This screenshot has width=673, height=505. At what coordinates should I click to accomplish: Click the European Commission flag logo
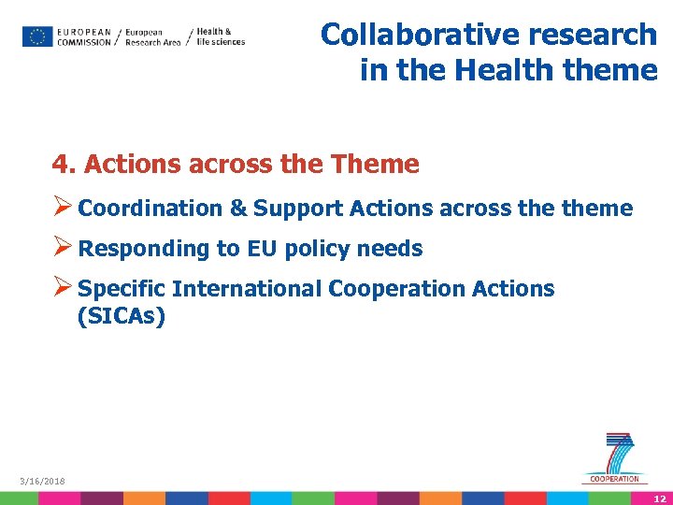pyautogui.click(x=37, y=36)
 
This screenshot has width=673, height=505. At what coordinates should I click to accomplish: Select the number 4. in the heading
pyautogui.click(x=64, y=165)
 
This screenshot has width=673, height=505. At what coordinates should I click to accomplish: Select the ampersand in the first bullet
pyautogui.click(x=240, y=209)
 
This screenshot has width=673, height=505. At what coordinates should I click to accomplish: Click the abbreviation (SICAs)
pyautogui.click(x=122, y=317)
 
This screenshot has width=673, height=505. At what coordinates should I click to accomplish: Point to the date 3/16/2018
pyautogui.click(x=43, y=481)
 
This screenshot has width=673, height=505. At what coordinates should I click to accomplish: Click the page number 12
pyautogui.click(x=659, y=498)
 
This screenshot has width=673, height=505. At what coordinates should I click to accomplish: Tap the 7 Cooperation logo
pyautogui.click(x=615, y=458)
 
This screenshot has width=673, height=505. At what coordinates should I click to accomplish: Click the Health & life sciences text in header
pyautogui.click(x=221, y=36)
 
